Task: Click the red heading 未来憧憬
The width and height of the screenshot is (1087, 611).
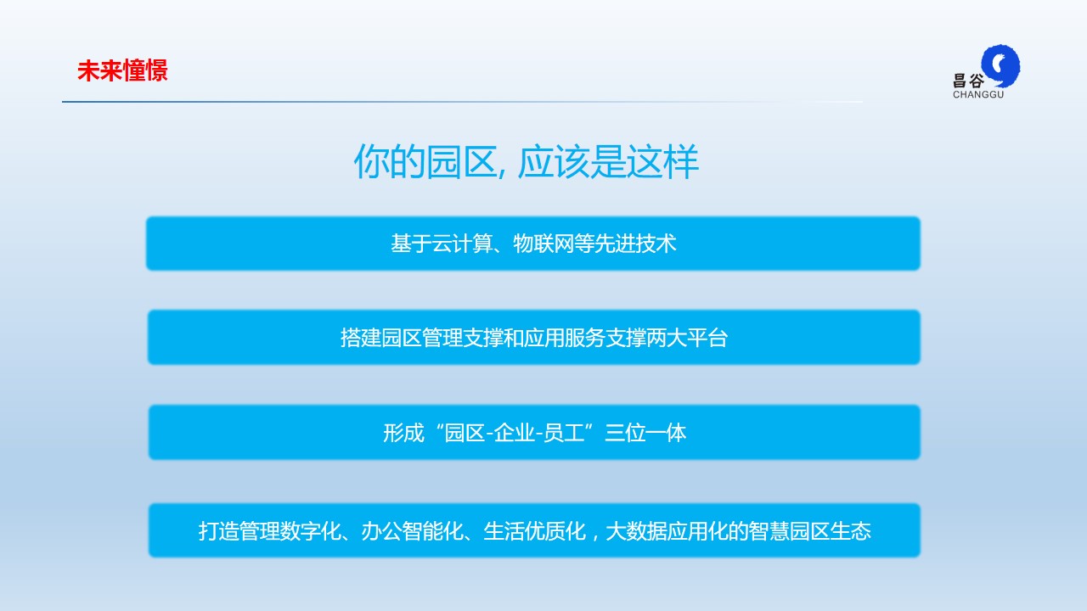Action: pyautogui.click(x=122, y=70)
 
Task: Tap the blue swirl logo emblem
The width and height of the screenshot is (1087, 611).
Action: pyautogui.click(x=1000, y=66)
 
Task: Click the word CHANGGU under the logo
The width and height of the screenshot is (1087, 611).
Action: pyautogui.click(x=978, y=94)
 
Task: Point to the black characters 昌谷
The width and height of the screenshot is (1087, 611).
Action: pyautogui.click(x=969, y=81)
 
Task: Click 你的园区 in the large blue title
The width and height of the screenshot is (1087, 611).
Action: pyautogui.click(x=425, y=161)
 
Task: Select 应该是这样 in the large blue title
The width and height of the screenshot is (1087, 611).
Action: pyautogui.click(x=608, y=161)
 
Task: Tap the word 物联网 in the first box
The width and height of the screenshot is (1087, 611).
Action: pyautogui.click(x=543, y=244)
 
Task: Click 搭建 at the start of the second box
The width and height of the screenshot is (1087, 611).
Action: pyautogui.click(x=361, y=338)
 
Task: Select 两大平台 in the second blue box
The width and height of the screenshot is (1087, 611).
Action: pyautogui.click(x=687, y=338)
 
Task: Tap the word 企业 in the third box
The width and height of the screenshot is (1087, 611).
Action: pyautogui.click(x=515, y=433)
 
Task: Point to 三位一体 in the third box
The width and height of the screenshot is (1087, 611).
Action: pyautogui.click(x=645, y=433)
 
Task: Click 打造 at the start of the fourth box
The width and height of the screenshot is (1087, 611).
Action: pyautogui.click(x=218, y=531)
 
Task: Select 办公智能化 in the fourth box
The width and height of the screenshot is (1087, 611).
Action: pyautogui.click(x=412, y=531)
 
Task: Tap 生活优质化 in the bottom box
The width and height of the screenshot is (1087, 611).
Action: pyautogui.click(x=534, y=531)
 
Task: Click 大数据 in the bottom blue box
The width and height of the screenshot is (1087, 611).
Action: pyautogui.click(x=636, y=531)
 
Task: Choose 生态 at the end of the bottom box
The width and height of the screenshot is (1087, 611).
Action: pyautogui.click(x=851, y=531)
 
